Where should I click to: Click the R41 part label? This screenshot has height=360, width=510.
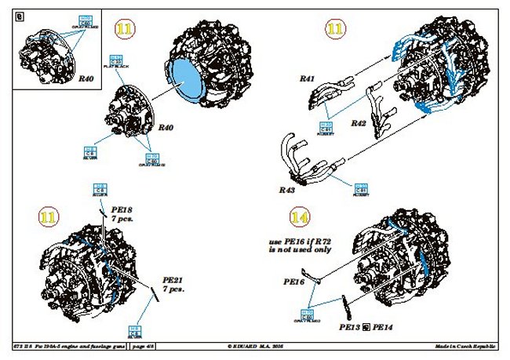307,78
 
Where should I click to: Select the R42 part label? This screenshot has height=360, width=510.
359,123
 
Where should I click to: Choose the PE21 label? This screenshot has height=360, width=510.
173,279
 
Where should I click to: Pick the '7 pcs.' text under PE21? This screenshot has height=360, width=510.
173,290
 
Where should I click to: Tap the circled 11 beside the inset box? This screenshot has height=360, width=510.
124,29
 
